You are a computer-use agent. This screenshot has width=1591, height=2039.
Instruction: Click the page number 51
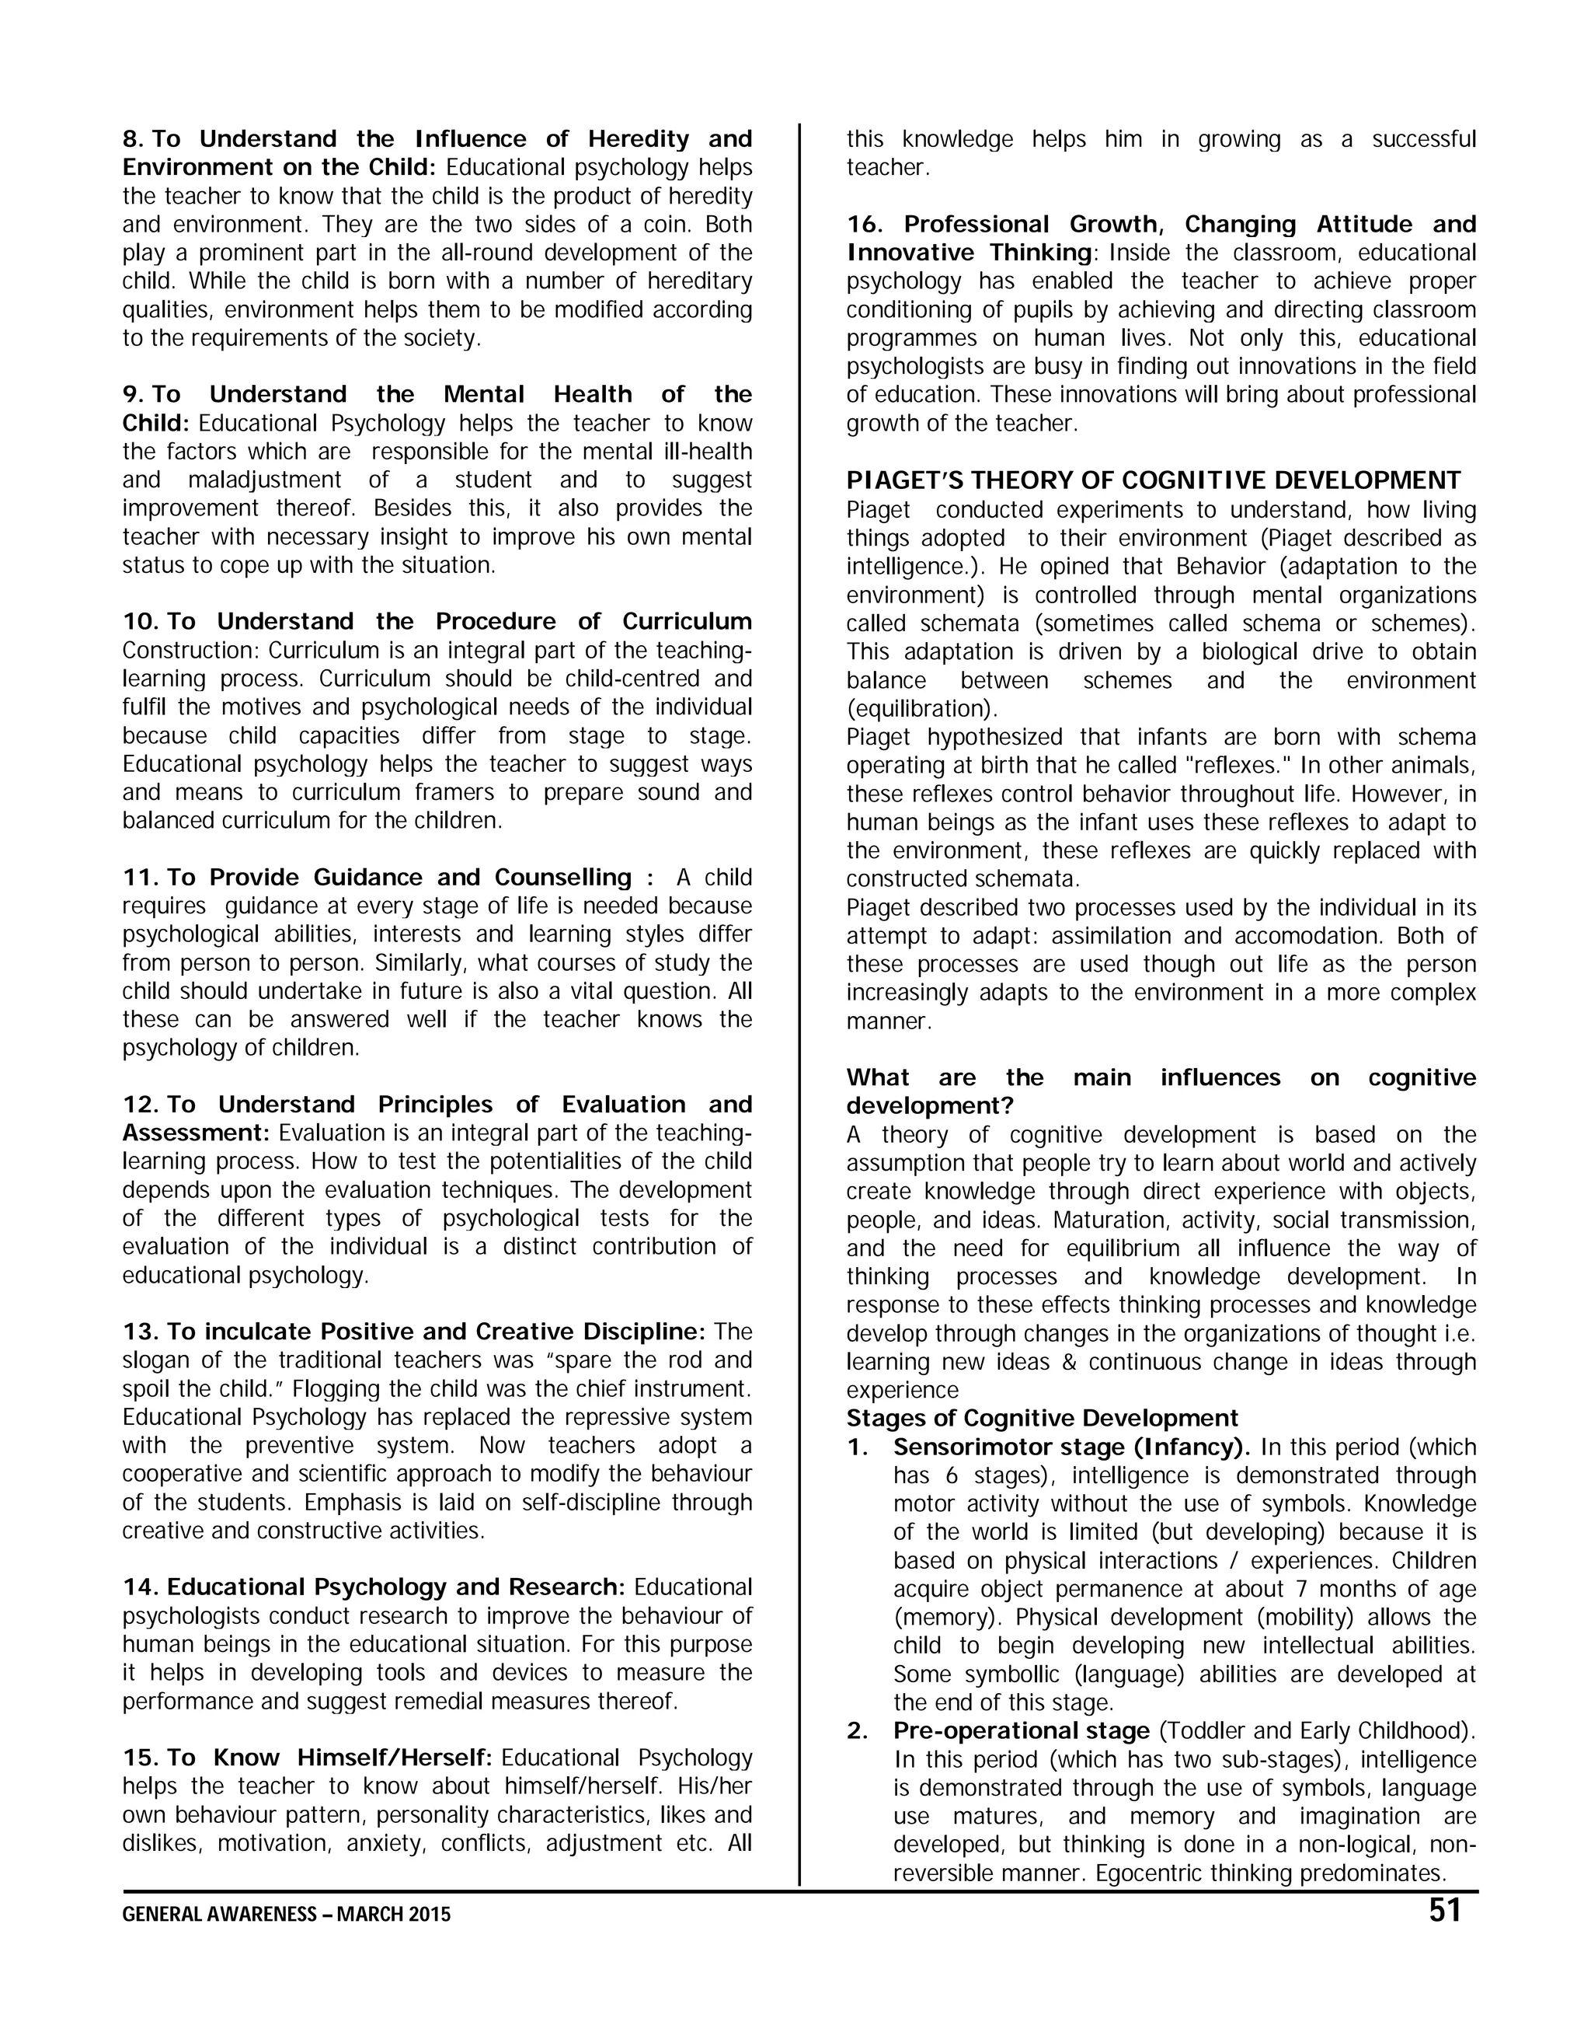tap(1443, 1911)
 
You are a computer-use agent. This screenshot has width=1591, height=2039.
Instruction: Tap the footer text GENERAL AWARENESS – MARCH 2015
tap(287, 1915)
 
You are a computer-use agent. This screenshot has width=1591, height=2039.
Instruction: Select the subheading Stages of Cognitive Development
tap(1042, 1418)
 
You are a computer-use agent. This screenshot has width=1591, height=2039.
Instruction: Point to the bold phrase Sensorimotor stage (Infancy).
tap(1072, 1447)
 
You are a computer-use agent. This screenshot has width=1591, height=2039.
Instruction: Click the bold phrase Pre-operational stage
tap(1021, 1731)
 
